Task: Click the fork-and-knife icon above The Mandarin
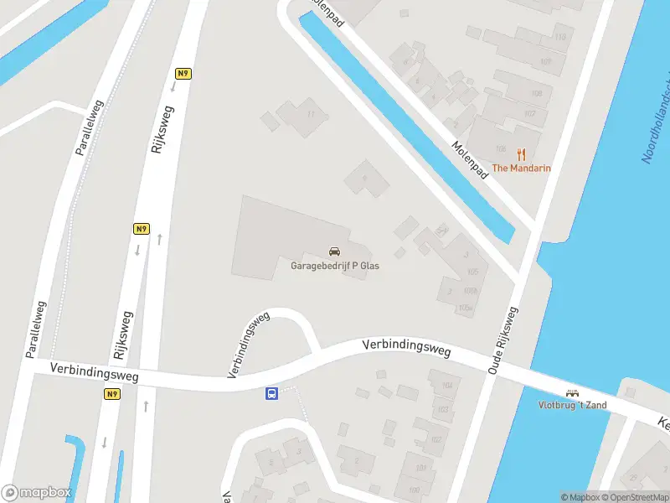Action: click(x=521, y=153)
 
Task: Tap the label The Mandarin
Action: click(x=521, y=169)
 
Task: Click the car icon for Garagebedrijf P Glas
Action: click(x=334, y=251)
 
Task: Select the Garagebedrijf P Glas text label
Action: click(x=334, y=266)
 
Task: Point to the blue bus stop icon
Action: click(x=272, y=393)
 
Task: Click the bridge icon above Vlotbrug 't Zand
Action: click(x=573, y=392)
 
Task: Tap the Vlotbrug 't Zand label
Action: click(x=573, y=406)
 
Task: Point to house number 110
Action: click(x=559, y=37)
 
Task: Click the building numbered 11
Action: click(x=312, y=114)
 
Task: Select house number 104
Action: click(x=446, y=386)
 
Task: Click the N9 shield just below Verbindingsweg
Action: click(x=112, y=394)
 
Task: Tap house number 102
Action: click(x=436, y=440)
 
